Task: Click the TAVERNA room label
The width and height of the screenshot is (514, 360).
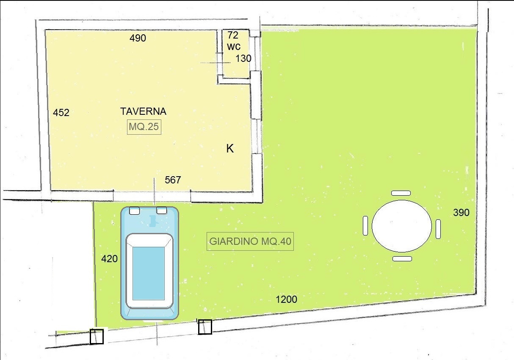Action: (143, 111)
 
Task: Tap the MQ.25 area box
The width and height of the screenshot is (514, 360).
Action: (144, 127)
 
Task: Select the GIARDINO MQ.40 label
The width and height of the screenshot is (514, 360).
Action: (250, 241)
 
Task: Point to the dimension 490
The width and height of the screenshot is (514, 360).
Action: (138, 38)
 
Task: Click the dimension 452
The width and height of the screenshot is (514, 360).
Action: (61, 113)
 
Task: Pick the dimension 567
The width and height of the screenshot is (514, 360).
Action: (173, 180)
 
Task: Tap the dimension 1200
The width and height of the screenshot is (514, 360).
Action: (286, 299)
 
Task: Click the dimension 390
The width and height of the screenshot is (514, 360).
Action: (461, 213)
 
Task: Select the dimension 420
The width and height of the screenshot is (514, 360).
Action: (110, 259)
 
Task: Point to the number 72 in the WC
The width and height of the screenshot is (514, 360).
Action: (233, 35)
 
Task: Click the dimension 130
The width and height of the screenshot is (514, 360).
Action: (243, 58)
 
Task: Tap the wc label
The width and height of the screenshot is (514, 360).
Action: (234, 47)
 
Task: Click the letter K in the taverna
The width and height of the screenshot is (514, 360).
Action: (230, 149)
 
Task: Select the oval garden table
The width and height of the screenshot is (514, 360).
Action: (401, 226)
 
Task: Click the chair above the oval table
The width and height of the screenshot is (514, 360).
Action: (401, 193)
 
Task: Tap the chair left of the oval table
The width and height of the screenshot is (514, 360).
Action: (365, 226)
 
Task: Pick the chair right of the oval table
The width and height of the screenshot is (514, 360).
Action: (438, 229)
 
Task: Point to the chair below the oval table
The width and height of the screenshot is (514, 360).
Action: (402, 259)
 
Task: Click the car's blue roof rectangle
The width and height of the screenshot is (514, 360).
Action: (149, 274)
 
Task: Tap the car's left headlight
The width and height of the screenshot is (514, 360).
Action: (135, 210)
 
